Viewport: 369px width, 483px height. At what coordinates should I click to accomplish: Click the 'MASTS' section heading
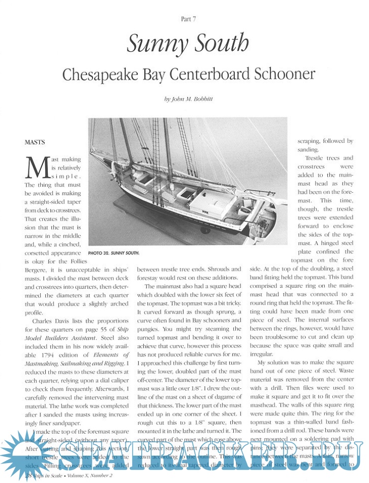pyautogui.click(x=35, y=142)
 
